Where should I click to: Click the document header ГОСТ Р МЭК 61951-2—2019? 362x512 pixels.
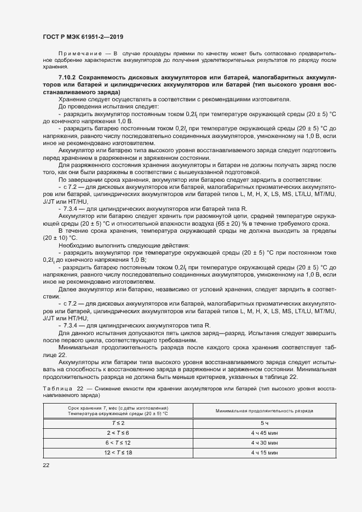coord(83,37)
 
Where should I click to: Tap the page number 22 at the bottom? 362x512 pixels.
coord(46,465)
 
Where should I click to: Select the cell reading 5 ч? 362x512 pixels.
coord(264,423)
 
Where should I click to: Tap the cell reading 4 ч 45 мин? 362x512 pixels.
coord(264,433)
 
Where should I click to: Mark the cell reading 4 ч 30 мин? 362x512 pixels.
coord(264,442)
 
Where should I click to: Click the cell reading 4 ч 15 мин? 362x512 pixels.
coord(264,453)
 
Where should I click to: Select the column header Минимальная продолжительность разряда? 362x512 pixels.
coord(264,410)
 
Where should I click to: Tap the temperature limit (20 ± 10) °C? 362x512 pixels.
coord(61,238)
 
